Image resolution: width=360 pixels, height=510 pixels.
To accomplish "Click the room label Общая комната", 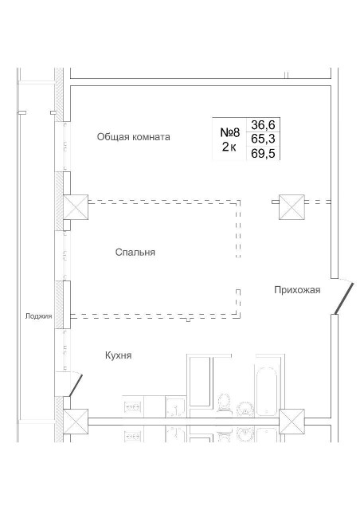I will (133, 137).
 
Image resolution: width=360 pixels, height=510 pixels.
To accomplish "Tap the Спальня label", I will (135, 253).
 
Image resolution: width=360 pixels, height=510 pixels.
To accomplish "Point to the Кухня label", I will (118, 355).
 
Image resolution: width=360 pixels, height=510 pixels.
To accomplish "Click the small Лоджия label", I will (38, 316).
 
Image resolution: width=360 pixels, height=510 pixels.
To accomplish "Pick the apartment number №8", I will (230, 131).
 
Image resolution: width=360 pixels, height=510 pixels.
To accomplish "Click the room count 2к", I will (229, 147).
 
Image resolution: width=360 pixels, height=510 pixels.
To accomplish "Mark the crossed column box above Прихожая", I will (291, 207).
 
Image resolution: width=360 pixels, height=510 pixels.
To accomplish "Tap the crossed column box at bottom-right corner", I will (292, 420).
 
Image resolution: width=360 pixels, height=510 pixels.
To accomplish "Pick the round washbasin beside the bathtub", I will (245, 409).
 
